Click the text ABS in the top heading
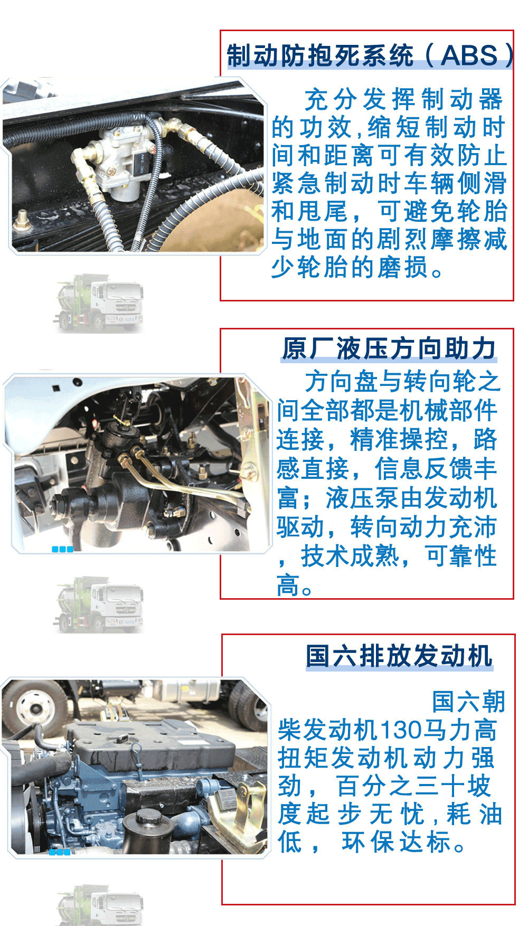469,55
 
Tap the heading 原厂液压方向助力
389,348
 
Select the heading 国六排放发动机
399,656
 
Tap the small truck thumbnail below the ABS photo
98,304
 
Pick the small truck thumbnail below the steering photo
98,605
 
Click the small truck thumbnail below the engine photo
99,905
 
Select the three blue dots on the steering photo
62,549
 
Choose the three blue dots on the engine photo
60,852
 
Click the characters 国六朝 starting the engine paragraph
468,702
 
